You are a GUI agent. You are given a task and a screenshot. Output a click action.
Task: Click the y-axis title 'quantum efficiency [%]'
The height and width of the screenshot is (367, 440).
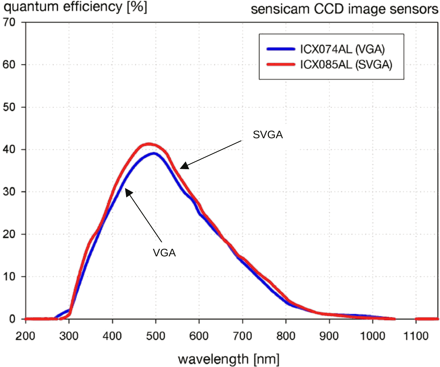coord(75,7)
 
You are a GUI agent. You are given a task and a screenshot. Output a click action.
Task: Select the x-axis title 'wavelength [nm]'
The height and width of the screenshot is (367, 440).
coord(229,359)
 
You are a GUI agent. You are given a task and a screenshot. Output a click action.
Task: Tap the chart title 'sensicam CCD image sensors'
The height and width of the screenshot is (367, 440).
coord(344,9)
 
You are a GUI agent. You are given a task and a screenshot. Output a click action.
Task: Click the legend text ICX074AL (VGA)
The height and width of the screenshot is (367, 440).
coord(342,49)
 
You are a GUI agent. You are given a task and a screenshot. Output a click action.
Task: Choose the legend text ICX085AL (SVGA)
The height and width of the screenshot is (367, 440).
coord(346,65)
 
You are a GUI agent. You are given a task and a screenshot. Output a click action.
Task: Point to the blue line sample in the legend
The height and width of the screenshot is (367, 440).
coord(281,49)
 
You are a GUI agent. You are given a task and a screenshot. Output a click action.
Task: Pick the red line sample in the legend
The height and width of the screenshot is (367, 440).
coord(281,65)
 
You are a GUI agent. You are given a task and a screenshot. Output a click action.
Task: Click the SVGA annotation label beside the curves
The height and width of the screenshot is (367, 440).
coord(268,135)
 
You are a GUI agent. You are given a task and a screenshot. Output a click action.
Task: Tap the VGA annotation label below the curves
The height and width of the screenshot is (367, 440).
coord(164,253)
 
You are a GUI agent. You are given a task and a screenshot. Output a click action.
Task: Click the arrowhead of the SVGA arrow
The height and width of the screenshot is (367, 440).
coord(184,166)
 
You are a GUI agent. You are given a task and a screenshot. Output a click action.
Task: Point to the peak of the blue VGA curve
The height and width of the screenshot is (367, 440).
coord(154,153)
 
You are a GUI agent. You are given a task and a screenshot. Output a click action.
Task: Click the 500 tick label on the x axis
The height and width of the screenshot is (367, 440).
coord(156,336)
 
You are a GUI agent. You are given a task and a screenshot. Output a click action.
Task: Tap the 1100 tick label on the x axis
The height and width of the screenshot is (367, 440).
coord(416,336)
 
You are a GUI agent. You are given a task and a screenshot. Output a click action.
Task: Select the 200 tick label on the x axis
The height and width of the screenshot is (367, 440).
coord(25,336)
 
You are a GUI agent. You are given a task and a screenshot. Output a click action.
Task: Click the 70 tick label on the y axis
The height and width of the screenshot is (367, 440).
coord(9,22)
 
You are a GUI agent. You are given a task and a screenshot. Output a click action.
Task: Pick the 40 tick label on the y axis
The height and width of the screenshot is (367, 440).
coord(9,149)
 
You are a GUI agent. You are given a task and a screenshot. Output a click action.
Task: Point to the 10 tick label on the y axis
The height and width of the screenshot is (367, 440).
coord(9,276)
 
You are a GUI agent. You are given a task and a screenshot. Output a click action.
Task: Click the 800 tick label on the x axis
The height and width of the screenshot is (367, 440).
coord(286,336)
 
